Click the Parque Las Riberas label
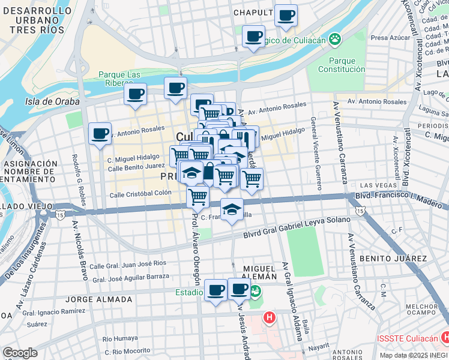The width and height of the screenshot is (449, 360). coord(120,79)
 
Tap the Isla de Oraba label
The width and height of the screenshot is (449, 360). coord(52,101)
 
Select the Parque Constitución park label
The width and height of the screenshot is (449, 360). coord(346,65)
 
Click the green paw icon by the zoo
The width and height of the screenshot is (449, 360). coord(334,40)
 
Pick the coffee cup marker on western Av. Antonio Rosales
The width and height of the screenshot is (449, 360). coord(100,133)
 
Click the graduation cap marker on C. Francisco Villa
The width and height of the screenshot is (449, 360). coord(231,209)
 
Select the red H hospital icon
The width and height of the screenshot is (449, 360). coord(270,317)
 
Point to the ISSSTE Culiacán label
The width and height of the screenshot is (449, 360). coord(408,338)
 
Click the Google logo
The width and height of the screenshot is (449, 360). coord(19,353)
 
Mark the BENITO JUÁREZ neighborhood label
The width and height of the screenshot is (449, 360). coord(393,258)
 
